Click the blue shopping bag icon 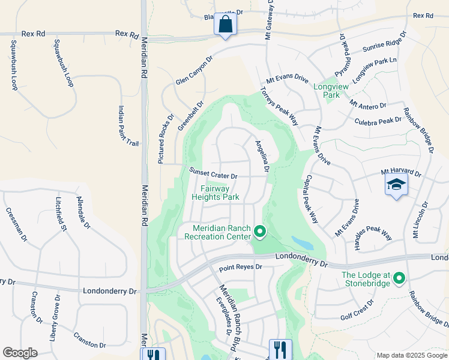pyautogui.click(x=225, y=25)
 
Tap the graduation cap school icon pyautogui.click(x=396, y=185)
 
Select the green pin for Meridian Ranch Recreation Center pyautogui.click(x=259, y=231)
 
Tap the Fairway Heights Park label pyautogui.click(x=215, y=193)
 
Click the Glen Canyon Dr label pyautogui.click(x=194, y=71)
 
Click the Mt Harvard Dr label pyautogui.click(x=401, y=172)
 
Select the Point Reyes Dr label pyautogui.click(x=241, y=266)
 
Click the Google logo pyautogui.click(x=20, y=353)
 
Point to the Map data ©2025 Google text pyautogui.click(x=411, y=355)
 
